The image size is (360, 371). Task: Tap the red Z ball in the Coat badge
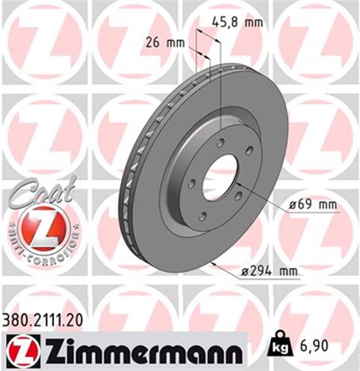point(44,228)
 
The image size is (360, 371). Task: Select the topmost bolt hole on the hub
point(221,143)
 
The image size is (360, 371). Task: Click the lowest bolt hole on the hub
point(202,217)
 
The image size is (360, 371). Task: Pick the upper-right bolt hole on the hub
point(249,151)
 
